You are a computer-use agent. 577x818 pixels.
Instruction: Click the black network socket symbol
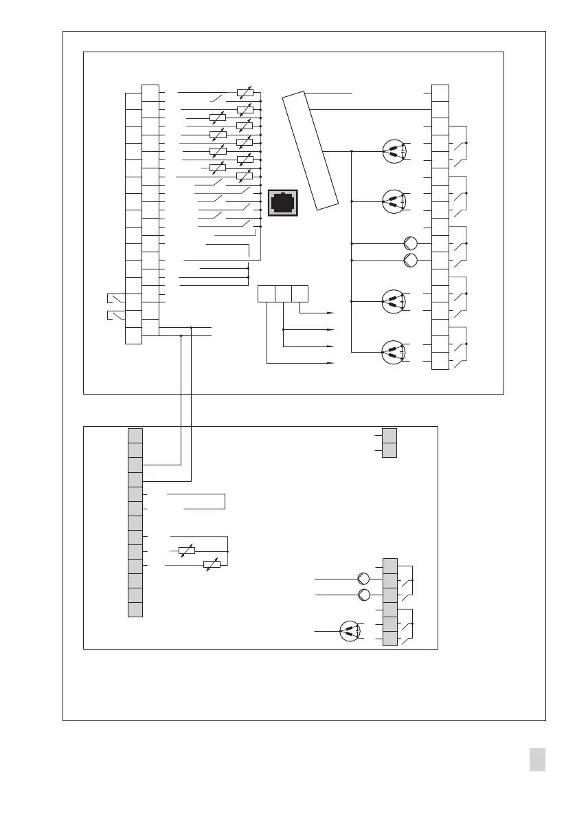click(282, 203)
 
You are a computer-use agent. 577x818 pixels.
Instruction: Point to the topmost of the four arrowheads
click(331, 313)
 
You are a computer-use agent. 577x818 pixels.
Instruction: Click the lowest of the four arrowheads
click(331, 362)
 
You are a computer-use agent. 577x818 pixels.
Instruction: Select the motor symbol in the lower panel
click(350, 631)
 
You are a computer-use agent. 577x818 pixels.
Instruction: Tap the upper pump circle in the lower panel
click(365, 578)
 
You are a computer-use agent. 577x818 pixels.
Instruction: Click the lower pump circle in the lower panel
click(365, 594)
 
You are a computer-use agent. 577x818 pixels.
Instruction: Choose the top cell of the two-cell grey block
click(389, 435)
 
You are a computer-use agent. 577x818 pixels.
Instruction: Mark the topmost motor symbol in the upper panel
click(394, 151)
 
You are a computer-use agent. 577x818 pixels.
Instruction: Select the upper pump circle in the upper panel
click(410, 243)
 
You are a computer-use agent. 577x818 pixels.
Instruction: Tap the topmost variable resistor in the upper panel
click(244, 91)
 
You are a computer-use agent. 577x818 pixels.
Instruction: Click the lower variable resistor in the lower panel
click(212, 564)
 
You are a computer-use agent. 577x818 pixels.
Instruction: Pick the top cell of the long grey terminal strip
click(135, 435)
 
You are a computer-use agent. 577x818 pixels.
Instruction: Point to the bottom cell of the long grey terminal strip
click(135, 610)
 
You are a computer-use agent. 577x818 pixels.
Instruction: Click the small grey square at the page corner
click(538, 760)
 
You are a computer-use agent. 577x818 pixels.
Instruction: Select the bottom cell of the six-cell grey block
click(389, 639)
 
